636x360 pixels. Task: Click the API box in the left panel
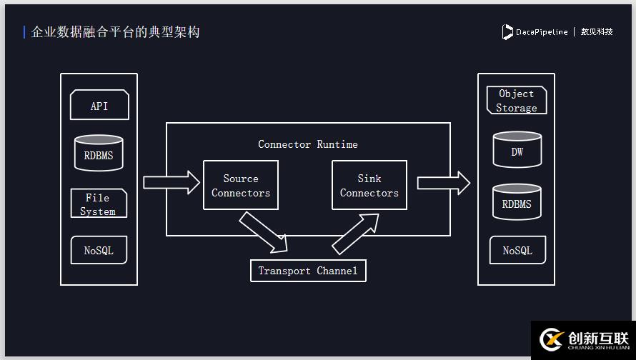pyautogui.click(x=99, y=105)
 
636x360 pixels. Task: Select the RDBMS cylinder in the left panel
pyautogui.click(x=99, y=154)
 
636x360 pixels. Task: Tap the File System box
pyautogui.click(x=99, y=204)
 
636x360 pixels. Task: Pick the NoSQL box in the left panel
pyautogui.click(x=99, y=251)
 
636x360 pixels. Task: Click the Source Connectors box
pyautogui.click(x=241, y=186)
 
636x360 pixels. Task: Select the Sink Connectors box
pyautogui.click(x=369, y=186)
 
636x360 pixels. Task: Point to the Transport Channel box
pyautogui.click(x=308, y=271)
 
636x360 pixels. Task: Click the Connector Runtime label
pyautogui.click(x=308, y=144)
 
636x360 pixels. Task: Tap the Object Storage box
pyautogui.click(x=517, y=101)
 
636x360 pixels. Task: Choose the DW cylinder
pyautogui.click(x=517, y=150)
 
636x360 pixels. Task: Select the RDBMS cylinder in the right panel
pyautogui.click(x=517, y=202)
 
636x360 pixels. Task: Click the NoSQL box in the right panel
pyautogui.click(x=517, y=251)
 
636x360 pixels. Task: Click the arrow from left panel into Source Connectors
pyautogui.click(x=172, y=182)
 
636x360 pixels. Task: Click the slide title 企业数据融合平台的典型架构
pyautogui.click(x=115, y=32)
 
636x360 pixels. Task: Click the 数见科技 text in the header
pyautogui.click(x=597, y=32)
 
